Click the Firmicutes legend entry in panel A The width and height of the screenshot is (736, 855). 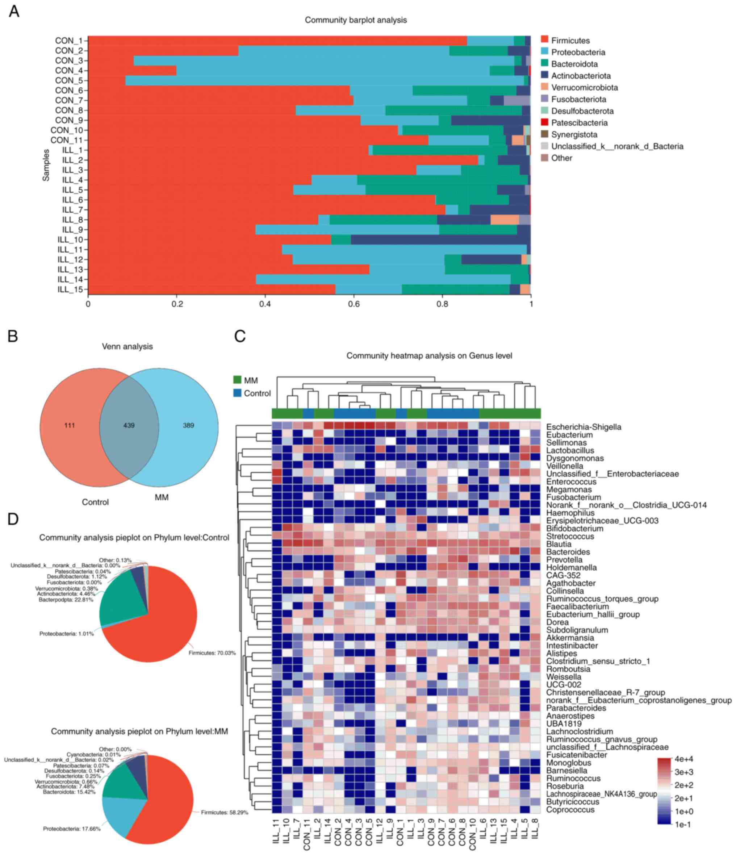tap(570, 41)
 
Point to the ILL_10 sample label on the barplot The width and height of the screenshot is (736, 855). tap(70, 240)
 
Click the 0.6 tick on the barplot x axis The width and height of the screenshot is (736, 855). tap(354, 304)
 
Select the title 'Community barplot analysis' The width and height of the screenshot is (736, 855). tap(356, 20)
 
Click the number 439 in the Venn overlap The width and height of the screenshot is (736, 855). tap(129, 425)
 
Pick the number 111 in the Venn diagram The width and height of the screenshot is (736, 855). tap(69, 425)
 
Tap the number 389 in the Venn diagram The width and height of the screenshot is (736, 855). tap(188, 425)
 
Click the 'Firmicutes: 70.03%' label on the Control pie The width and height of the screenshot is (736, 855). tap(212, 653)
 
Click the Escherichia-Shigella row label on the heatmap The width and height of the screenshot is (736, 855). tap(584, 427)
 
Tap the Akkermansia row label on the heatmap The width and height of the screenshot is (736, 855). tap(570, 638)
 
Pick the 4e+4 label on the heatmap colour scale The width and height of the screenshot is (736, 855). tap(683, 759)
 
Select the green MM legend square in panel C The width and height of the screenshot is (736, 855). tap(237, 380)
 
